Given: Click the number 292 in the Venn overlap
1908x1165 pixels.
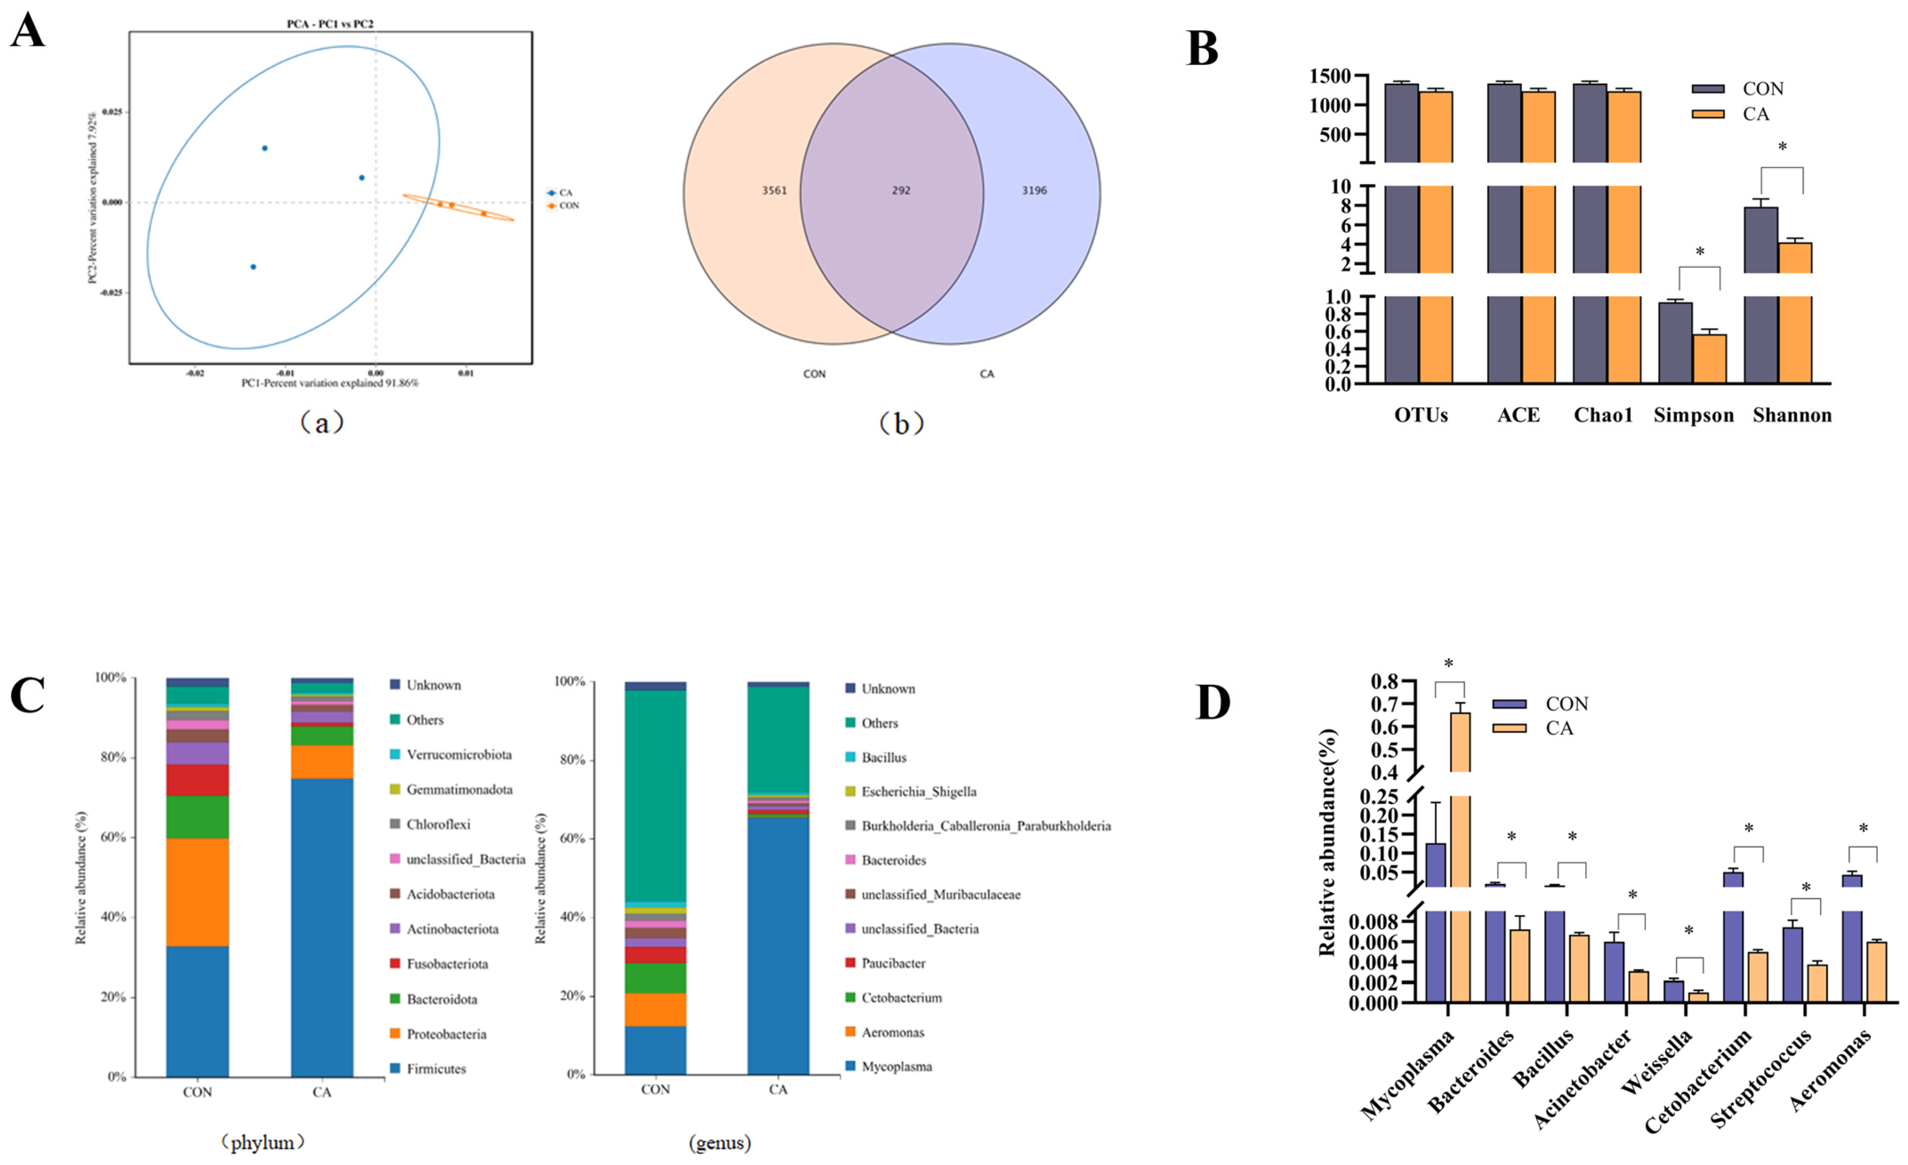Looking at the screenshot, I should pyautogui.click(x=900, y=190).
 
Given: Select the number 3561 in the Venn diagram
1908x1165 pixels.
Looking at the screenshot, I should pyautogui.click(x=774, y=190).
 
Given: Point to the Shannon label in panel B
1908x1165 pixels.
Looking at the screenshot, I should pyautogui.click(x=1792, y=416).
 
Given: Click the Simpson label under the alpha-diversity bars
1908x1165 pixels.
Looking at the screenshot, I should pyautogui.click(x=1693, y=416).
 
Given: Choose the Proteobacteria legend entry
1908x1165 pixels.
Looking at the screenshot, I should pyautogui.click(x=446, y=1034).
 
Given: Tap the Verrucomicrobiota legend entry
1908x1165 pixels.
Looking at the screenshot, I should pyautogui.click(x=458, y=755).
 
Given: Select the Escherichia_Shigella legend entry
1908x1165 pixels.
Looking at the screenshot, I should pyautogui.click(x=918, y=791).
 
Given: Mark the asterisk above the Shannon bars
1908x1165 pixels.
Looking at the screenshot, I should pyautogui.click(x=1782, y=147).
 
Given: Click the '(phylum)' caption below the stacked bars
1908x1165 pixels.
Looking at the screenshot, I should pyautogui.click(x=262, y=1142).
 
